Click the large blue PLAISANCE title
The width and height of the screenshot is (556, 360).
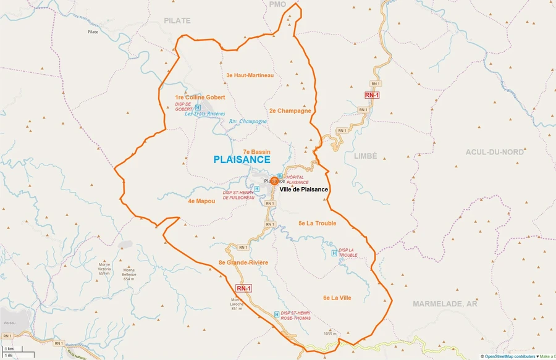click(x=242, y=159)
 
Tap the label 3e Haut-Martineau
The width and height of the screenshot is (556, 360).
click(x=250, y=75)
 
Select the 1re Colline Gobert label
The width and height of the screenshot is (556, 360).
click(x=200, y=97)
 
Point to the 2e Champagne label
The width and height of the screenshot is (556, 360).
click(x=290, y=111)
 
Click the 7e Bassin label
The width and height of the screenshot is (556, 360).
click(x=256, y=151)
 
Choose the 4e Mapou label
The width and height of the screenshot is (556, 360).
click(x=201, y=201)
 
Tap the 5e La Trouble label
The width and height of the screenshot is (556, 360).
click(x=317, y=223)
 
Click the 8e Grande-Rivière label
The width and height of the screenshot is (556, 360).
click(x=243, y=262)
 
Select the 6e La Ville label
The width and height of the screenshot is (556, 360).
click(x=337, y=298)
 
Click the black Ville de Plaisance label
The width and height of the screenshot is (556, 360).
click(x=303, y=190)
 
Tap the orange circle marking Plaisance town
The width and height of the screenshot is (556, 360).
click(x=274, y=181)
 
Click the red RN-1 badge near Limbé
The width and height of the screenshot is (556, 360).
click(x=372, y=95)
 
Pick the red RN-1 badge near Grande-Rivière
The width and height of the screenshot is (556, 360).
click(x=243, y=288)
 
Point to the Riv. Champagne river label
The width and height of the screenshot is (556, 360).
click(x=248, y=122)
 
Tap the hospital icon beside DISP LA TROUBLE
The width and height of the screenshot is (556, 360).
click(x=334, y=252)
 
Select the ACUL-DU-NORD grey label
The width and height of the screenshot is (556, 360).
click(x=496, y=151)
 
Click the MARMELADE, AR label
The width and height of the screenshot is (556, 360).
click(x=445, y=304)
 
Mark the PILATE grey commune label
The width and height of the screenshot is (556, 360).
click(x=177, y=20)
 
